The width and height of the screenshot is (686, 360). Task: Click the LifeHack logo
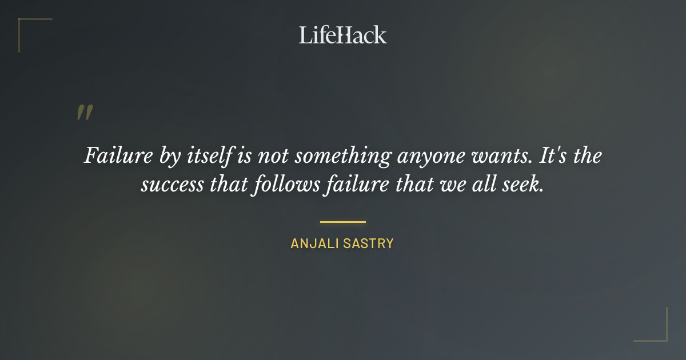342,35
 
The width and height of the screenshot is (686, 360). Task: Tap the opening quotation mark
85,113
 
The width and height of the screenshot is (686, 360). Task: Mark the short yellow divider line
342,222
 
